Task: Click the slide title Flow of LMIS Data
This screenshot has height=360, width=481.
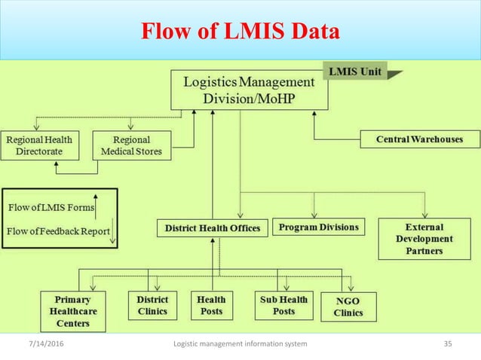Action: [240, 32]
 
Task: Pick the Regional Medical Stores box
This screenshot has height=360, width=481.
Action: [131, 145]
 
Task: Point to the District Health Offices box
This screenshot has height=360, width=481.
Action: [212, 227]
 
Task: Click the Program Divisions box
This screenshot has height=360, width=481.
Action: [319, 227]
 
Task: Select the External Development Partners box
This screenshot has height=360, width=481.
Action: [424, 239]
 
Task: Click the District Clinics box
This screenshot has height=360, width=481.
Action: [153, 305]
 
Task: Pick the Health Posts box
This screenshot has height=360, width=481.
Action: [211, 305]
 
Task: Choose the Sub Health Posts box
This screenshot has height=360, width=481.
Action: [283, 305]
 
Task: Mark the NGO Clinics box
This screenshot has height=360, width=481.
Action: [348, 306]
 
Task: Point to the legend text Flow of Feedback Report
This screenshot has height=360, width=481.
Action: [58, 230]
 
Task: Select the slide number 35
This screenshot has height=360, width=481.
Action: [448, 344]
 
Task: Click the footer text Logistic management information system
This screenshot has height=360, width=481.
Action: [240, 344]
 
